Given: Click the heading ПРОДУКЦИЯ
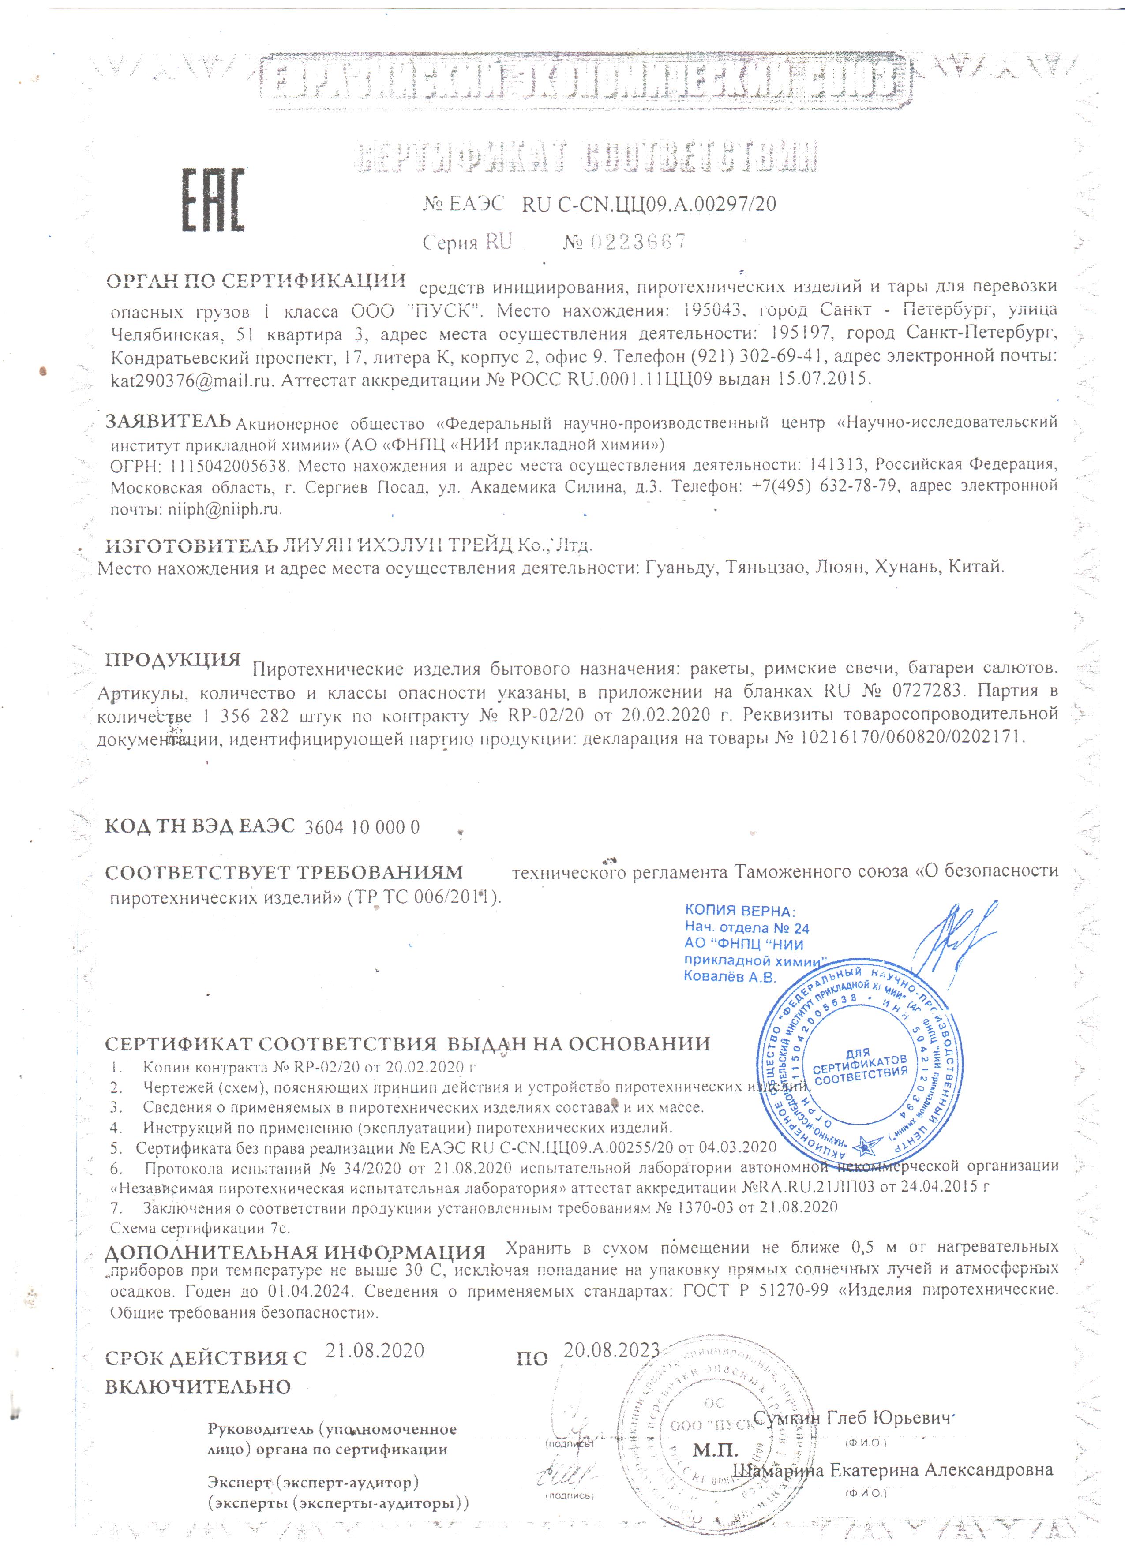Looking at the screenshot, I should click(172, 660).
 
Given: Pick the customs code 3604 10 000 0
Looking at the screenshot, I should click(362, 827).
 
